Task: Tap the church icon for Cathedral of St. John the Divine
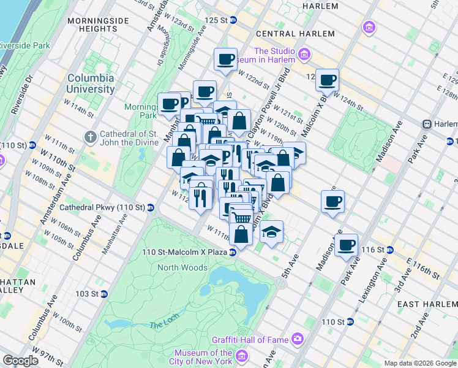[90, 136]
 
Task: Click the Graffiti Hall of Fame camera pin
[298, 338]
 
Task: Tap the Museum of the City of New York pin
[242, 356]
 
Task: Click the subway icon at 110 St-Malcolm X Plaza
[233, 252]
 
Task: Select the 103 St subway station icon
[103, 294]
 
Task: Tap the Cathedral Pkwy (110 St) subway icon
[150, 207]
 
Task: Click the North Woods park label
[182, 267]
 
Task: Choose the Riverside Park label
[24, 45]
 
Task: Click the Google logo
[20, 361]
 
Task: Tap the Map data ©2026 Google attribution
[419, 363]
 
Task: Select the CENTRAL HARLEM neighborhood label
[295, 34]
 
